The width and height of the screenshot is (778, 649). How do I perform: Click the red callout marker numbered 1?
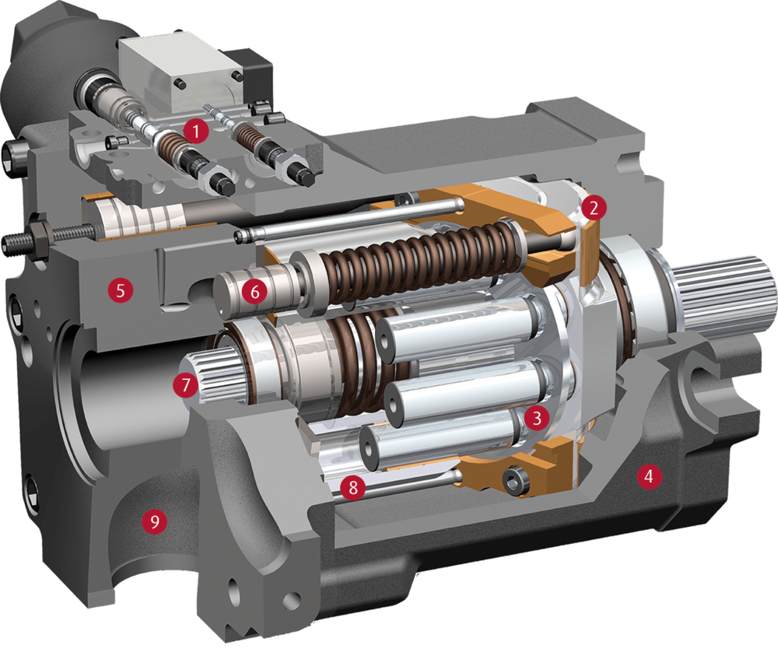tap(195, 131)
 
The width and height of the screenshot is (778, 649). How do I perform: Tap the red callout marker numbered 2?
tap(594, 208)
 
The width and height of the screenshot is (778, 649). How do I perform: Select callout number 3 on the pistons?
tap(536, 418)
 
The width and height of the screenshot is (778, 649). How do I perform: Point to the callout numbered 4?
tap(649, 476)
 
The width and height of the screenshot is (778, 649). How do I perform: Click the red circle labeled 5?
tap(121, 289)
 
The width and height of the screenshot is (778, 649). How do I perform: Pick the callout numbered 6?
tap(254, 291)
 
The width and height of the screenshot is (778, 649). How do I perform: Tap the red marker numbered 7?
tap(186, 384)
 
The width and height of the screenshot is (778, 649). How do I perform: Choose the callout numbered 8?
tap(352, 487)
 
